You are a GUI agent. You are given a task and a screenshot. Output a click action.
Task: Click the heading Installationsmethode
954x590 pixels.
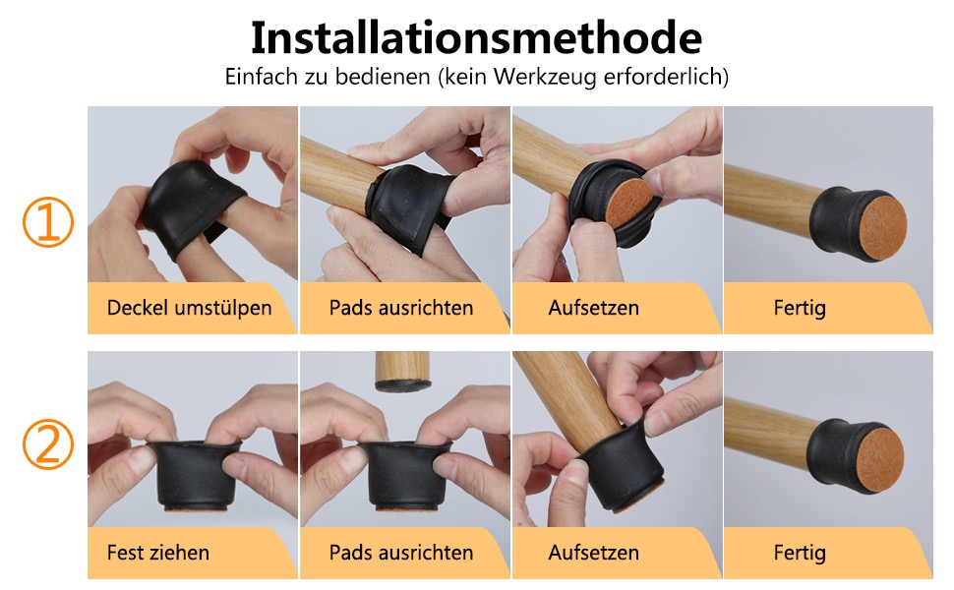coord(476,37)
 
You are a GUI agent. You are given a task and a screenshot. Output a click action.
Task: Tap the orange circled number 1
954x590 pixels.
coord(48,221)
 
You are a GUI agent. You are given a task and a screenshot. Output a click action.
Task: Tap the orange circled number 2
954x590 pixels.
coord(48,444)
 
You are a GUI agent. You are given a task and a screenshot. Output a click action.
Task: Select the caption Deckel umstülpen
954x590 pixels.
coord(189,309)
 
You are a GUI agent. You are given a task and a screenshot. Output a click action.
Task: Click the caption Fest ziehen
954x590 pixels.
coord(158,553)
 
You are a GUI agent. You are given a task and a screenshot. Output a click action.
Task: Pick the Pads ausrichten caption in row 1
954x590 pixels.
coord(401,308)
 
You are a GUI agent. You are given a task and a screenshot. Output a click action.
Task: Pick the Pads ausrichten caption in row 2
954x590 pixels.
coord(401,553)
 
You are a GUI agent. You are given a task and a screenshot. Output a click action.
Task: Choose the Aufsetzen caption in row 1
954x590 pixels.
coord(594,308)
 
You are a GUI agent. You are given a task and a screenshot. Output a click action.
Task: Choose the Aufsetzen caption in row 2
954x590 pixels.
coord(594,553)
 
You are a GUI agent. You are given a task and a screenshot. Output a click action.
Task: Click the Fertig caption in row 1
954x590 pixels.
coord(800,308)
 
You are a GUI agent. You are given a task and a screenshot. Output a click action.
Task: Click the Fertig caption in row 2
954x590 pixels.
coord(800,553)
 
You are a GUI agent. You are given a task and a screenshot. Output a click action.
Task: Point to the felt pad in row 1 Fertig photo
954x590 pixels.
coord(882,225)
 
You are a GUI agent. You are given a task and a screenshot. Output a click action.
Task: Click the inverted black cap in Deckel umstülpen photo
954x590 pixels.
coord(194,206)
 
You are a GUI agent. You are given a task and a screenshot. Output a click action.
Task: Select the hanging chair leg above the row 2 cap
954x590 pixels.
coord(403,371)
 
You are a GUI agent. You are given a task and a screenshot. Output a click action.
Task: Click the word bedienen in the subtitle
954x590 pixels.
coord(383,78)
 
